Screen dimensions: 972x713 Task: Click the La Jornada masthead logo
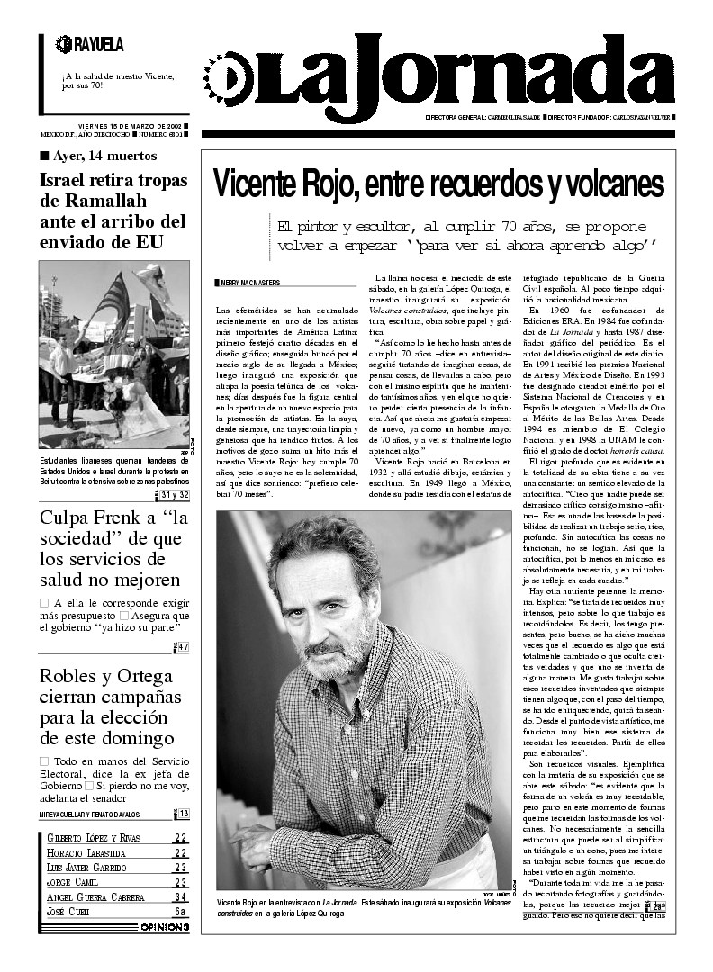pos(441,76)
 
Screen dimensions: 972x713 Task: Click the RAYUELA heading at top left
pos(90,44)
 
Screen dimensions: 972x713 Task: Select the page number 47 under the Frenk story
pos(182,647)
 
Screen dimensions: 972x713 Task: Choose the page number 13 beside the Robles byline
pos(183,814)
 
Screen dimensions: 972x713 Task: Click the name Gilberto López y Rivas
pos(94,839)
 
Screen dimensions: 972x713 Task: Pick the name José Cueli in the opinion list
pos(69,912)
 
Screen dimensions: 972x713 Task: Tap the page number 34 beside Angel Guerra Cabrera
pos(181,897)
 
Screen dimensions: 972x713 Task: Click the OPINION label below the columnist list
pos(165,927)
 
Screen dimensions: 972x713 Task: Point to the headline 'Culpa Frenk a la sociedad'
pos(113,549)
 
